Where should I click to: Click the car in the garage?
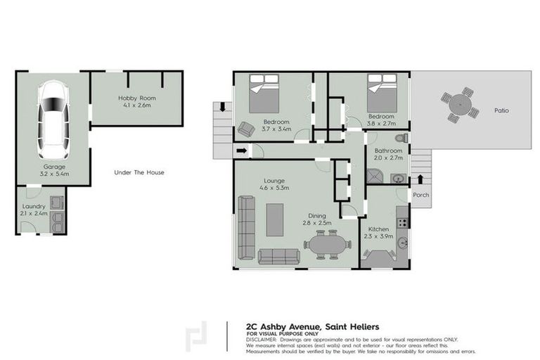pos(53,120)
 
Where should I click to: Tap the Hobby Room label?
pos(137,101)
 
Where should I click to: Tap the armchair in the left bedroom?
pos(245,129)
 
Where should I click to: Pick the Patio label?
pos(501,110)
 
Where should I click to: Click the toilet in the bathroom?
pos(400,138)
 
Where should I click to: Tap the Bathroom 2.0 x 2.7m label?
pos(388,155)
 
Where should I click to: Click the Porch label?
pos(420,195)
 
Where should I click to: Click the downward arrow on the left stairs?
pos(223,108)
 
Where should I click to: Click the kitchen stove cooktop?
pos(402,222)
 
